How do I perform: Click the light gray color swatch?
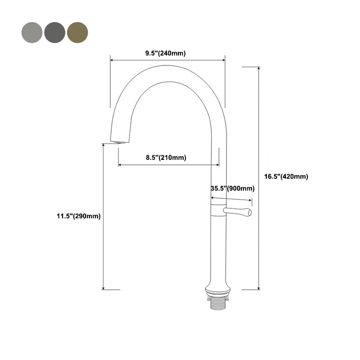pyautogui.click(x=32, y=32)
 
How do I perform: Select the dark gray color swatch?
pyautogui.click(x=55, y=32)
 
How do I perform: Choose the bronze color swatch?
pyautogui.click(x=78, y=32)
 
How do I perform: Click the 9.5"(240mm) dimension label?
pyautogui.click(x=165, y=53)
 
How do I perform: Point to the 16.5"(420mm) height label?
pyautogui.click(x=286, y=177)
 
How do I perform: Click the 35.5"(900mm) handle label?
pyautogui.click(x=233, y=189)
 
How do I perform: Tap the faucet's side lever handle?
pyautogui.click(x=238, y=211)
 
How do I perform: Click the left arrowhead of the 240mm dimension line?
pyautogui.click(x=112, y=59)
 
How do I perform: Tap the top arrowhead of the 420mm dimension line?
pyautogui.click(x=259, y=68)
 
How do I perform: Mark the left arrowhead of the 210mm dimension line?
pyautogui.click(x=120, y=165)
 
